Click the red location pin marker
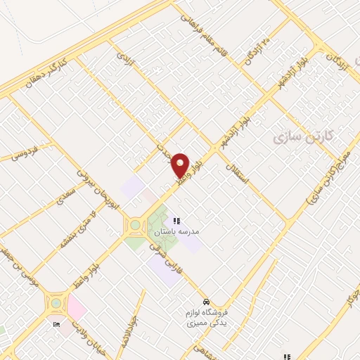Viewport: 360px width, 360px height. (181, 165)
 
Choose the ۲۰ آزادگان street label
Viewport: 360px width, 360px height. (258, 51)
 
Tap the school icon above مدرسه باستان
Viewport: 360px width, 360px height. (176, 221)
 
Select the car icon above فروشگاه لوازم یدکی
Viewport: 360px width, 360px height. (204, 296)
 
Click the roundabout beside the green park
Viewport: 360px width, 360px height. (133, 226)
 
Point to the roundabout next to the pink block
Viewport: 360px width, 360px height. (55, 304)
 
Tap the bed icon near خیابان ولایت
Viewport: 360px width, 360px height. (56, 324)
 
